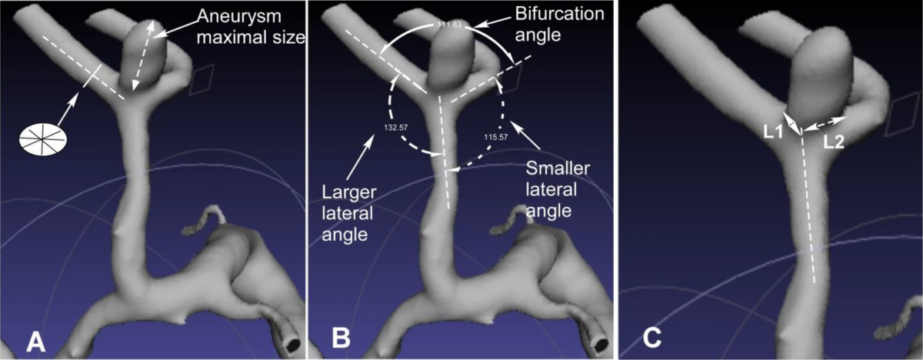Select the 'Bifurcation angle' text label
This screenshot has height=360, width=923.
click(561, 23)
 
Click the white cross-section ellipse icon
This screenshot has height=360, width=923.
click(43, 139)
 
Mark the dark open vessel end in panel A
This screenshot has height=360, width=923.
click(293, 343)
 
